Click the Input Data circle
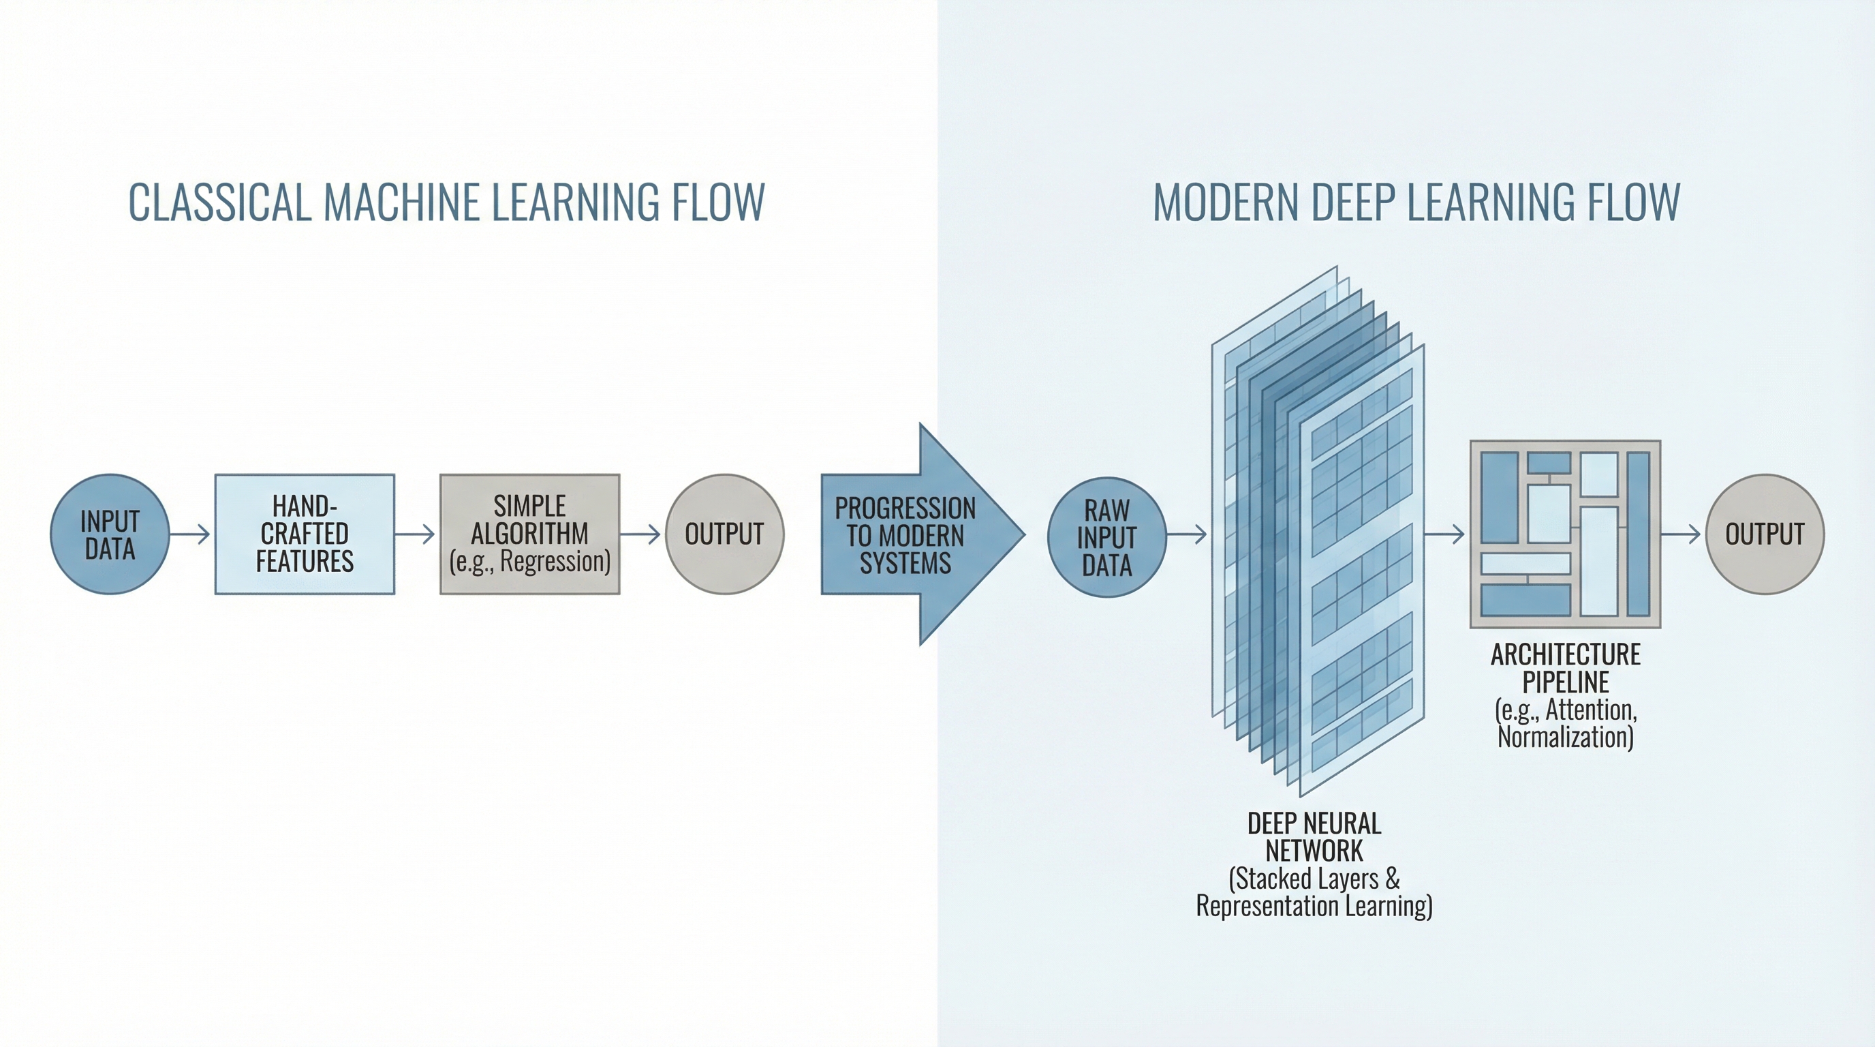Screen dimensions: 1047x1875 [x=110, y=534]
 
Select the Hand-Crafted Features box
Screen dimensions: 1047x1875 [x=305, y=534]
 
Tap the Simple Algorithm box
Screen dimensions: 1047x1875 [x=529, y=534]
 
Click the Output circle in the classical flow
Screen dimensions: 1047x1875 [x=724, y=534]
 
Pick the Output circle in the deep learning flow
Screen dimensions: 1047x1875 [x=1765, y=534]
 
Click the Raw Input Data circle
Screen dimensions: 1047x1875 [x=1106, y=536]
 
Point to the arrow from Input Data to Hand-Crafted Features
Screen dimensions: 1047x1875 [x=191, y=534]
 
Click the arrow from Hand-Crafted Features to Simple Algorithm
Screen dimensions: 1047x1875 [x=416, y=534]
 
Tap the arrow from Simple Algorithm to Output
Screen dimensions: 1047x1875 [x=641, y=534]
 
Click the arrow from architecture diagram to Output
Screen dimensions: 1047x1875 [x=1682, y=534]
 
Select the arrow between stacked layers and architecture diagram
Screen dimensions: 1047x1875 [x=1445, y=534]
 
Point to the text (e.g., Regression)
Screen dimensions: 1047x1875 [x=529, y=562]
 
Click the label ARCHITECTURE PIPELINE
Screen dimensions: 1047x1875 [x=1565, y=667]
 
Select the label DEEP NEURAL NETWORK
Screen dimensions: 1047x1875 [x=1314, y=836]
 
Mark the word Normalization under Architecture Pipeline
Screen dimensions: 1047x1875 [x=1565, y=737]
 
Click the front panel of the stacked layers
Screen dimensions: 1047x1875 [x=1361, y=568]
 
